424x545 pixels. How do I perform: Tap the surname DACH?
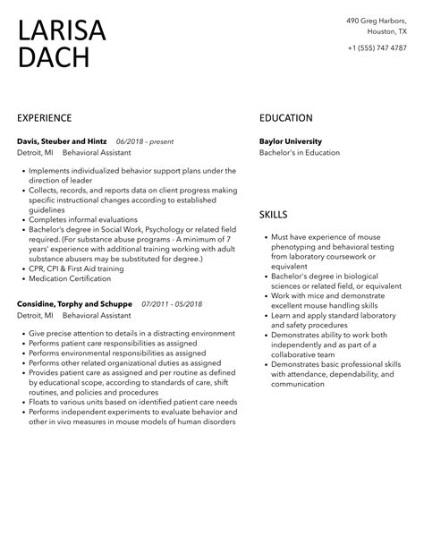pos(53,59)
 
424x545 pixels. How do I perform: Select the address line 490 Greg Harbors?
pos(377,21)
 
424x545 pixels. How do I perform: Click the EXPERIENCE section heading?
pos(44,118)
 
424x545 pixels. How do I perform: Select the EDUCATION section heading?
pos(285,118)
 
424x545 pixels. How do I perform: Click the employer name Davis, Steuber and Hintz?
pos(62,141)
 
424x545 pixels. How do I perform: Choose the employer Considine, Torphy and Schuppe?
pos(74,303)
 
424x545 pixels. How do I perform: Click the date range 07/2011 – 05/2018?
pos(172,303)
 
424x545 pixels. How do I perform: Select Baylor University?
pos(290,141)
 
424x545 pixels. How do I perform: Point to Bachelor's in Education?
pos(299,152)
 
